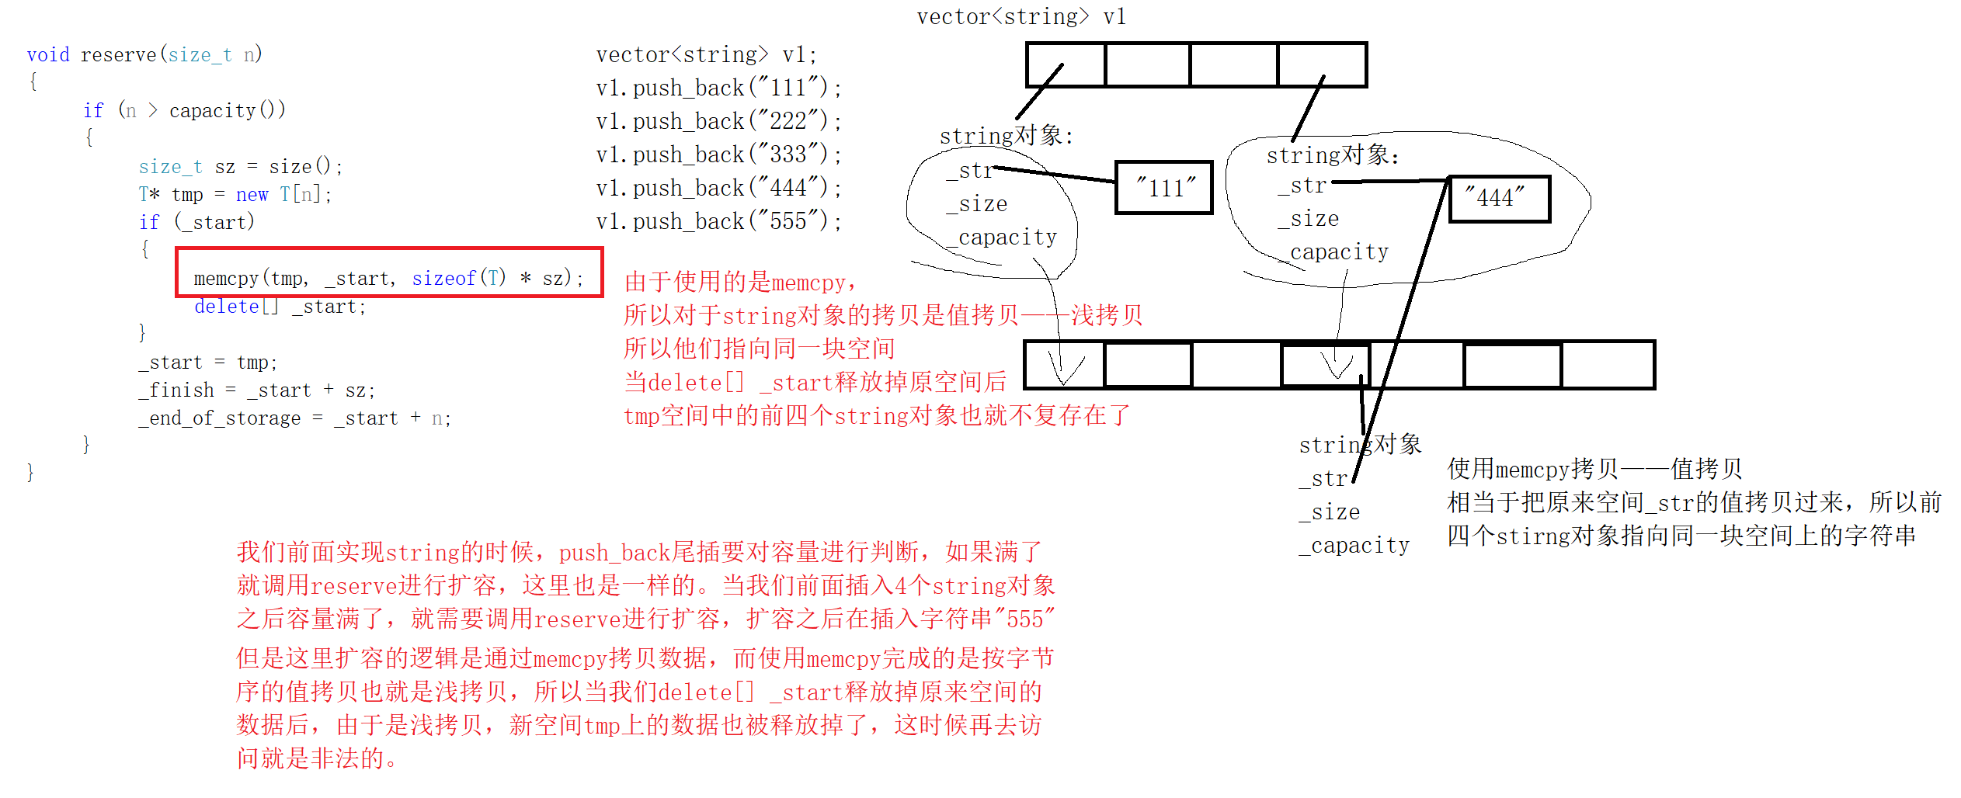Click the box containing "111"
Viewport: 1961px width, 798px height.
pyautogui.click(x=1163, y=187)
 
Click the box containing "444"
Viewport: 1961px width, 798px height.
pyautogui.click(x=1499, y=199)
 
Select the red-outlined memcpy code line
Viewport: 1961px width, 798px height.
pyautogui.click(x=388, y=278)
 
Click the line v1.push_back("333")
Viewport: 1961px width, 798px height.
pyautogui.click(x=718, y=154)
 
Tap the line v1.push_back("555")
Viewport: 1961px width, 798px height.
pyautogui.click(x=718, y=221)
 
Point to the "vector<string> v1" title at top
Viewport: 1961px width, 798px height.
pyautogui.click(x=1020, y=17)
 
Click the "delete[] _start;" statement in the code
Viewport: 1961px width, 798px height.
pyautogui.click(x=280, y=307)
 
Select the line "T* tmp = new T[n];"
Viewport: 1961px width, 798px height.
pyautogui.click(x=235, y=194)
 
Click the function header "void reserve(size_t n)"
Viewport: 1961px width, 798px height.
pyautogui.click(x=144, y=55)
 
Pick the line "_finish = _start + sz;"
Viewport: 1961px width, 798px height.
pyautogui.click(x=256, y=390)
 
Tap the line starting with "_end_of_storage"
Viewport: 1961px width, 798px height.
pyautogui.click(x=294, y=418)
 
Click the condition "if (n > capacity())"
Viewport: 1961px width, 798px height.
pyautogui.click(x=184, y=111)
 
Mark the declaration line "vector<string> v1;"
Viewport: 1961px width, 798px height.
pyautogui.click(x=706, y=55)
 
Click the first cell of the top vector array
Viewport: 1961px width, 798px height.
pyautogui.click(x=1066, y=64)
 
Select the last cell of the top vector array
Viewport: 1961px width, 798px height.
pyautogui.click(x=1322, y=64)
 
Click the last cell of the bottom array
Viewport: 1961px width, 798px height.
pyautogui.click(x=1607, y=365)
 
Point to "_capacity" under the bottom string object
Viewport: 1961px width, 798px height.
pyautogui.click(x=1354, y=546)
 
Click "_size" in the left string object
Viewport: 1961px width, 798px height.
pyautogui.click(x=976, y=204)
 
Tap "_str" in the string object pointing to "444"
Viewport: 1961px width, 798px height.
pyautogui.click(x=1302, y=186)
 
